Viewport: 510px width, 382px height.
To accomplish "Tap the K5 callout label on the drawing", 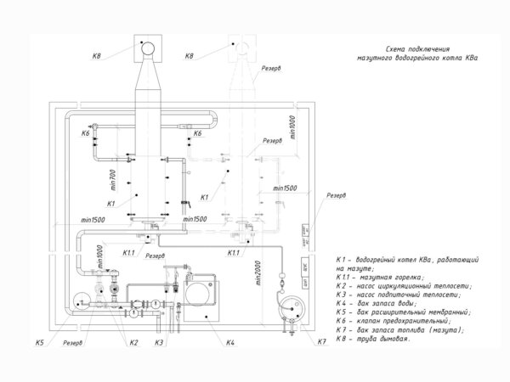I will tap(39, 342).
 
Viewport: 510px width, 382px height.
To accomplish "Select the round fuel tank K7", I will tap(289, 304).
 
